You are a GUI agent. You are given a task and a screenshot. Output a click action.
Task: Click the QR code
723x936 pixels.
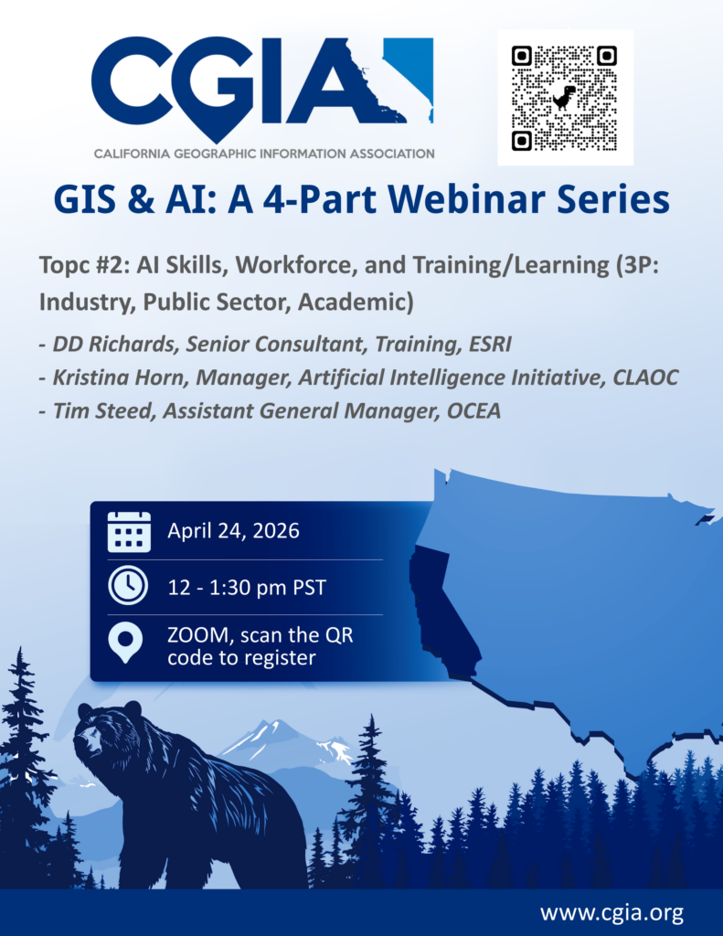pyautogui.click(x=564, y=98)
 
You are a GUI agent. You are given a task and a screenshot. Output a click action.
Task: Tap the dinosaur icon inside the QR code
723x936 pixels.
pyautogui.click(x=564, y=98)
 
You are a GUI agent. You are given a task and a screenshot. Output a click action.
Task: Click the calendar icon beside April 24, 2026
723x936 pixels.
pyautogui.click(x=129, y=531)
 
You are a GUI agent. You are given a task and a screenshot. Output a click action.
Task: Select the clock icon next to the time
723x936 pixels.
pyautogui.click(x=128, y=586)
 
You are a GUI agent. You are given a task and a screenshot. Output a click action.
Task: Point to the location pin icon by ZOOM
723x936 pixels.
pyautogui.click(x=125, y=643)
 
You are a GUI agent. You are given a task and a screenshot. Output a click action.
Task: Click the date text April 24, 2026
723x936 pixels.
pyautogui.click(x=233, y=531)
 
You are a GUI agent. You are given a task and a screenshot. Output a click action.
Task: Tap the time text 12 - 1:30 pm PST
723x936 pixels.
pyautogui.click(x=247, y=588)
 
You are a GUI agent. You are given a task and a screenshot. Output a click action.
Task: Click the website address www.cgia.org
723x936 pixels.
pyautogui.click(x=612, y=913)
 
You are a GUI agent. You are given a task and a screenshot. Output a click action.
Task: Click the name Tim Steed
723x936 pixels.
pyautogui.click(x=102, y=411)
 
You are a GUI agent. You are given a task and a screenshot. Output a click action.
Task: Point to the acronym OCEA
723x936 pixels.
pyautogui.click(x=473, y=411)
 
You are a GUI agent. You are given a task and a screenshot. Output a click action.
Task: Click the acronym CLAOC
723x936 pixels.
pyautogui.click(x=645, y=378)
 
